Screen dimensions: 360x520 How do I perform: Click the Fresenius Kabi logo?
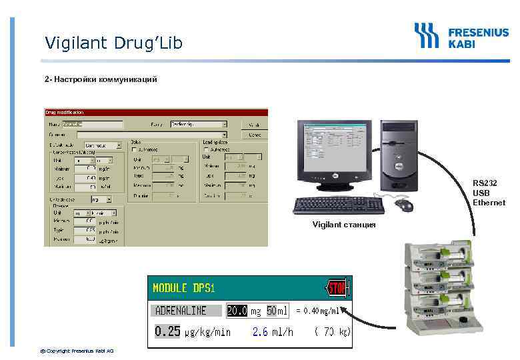(461, 36)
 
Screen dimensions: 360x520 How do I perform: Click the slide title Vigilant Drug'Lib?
(113, 43)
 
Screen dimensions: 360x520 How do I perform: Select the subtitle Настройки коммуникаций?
(101, 80)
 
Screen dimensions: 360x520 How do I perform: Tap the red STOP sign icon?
(337, 289)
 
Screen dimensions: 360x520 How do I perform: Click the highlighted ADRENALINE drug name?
(181, 311)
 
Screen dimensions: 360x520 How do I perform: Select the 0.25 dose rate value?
(168, 331)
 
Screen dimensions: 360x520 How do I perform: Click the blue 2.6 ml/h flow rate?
(272, 332)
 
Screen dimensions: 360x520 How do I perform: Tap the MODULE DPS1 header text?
(184, 289)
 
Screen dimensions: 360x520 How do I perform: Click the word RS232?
(485, 183)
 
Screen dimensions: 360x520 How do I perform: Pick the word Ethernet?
(489, 203)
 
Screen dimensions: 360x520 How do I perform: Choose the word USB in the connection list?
(481, 193)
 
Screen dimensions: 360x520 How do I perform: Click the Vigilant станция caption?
(344, 225)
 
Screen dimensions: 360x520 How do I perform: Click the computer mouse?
(405, 205)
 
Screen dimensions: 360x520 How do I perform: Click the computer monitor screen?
(333, 151)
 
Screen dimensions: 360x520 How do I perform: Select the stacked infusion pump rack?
(443, 287)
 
